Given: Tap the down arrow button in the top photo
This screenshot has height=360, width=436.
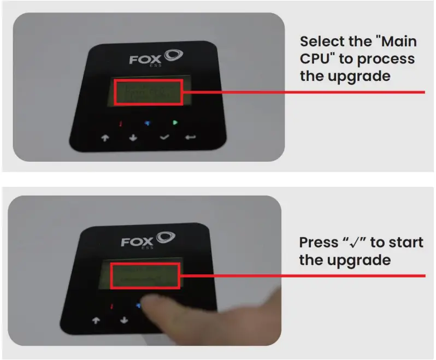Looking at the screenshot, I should [x=133, y=138].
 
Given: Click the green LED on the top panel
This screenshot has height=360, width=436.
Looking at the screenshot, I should [x=175, y=122].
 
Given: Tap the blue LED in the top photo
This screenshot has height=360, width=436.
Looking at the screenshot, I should [x=146, y=122].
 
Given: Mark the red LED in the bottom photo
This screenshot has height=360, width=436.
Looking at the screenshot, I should [x=111, y=306].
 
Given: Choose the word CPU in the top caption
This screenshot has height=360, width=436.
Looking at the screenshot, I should [x=315, y=58].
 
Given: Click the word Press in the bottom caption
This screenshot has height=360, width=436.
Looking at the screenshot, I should [x=319, y=242].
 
